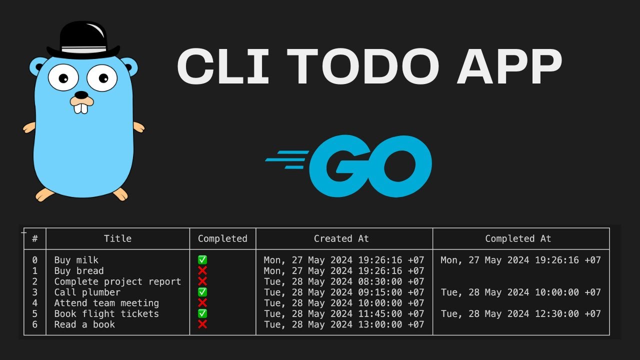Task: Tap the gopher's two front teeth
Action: coord(81,106)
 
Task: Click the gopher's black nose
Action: coord(81,95)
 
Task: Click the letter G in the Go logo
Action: coord(340,164)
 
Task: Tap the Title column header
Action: coord(117,239)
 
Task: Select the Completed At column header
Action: coord(518,239)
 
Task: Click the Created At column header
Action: coord(341,239)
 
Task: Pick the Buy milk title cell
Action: coord(76,260)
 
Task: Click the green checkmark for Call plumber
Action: coord(202,292)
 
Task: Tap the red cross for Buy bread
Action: coord(202,270)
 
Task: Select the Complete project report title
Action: coord(117,281)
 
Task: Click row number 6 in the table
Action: coord(34,324)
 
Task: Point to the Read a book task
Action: coord(84,324)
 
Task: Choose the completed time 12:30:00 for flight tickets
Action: coord(554,314)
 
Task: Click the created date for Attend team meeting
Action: coord(343,303)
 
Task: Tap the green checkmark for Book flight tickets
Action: coord(202,313)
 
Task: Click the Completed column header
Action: coord(222,239)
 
